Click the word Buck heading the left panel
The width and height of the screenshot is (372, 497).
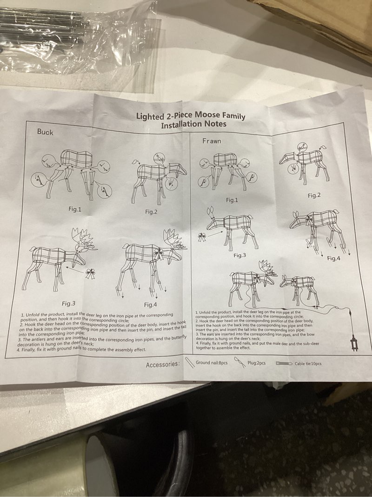(x=45, y=132)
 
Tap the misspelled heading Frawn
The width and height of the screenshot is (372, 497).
(x=212, y=141)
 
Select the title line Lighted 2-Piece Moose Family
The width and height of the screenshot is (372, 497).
(x=190, y=116)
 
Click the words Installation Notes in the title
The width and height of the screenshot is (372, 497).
(x=193, y=124)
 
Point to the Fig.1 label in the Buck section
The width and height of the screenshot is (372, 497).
(x=74, y=209)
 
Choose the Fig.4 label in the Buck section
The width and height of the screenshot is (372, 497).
(x=150, y=305)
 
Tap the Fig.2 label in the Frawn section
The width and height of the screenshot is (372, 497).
(x=314, y=196)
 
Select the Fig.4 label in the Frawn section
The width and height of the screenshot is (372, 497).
(x=334, y=258)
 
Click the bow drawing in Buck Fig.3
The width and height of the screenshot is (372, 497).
(x=90, y=273)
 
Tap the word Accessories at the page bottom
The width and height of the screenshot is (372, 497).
(x=162, y=365)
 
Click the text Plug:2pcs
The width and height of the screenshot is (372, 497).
(x=256, y=363)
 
